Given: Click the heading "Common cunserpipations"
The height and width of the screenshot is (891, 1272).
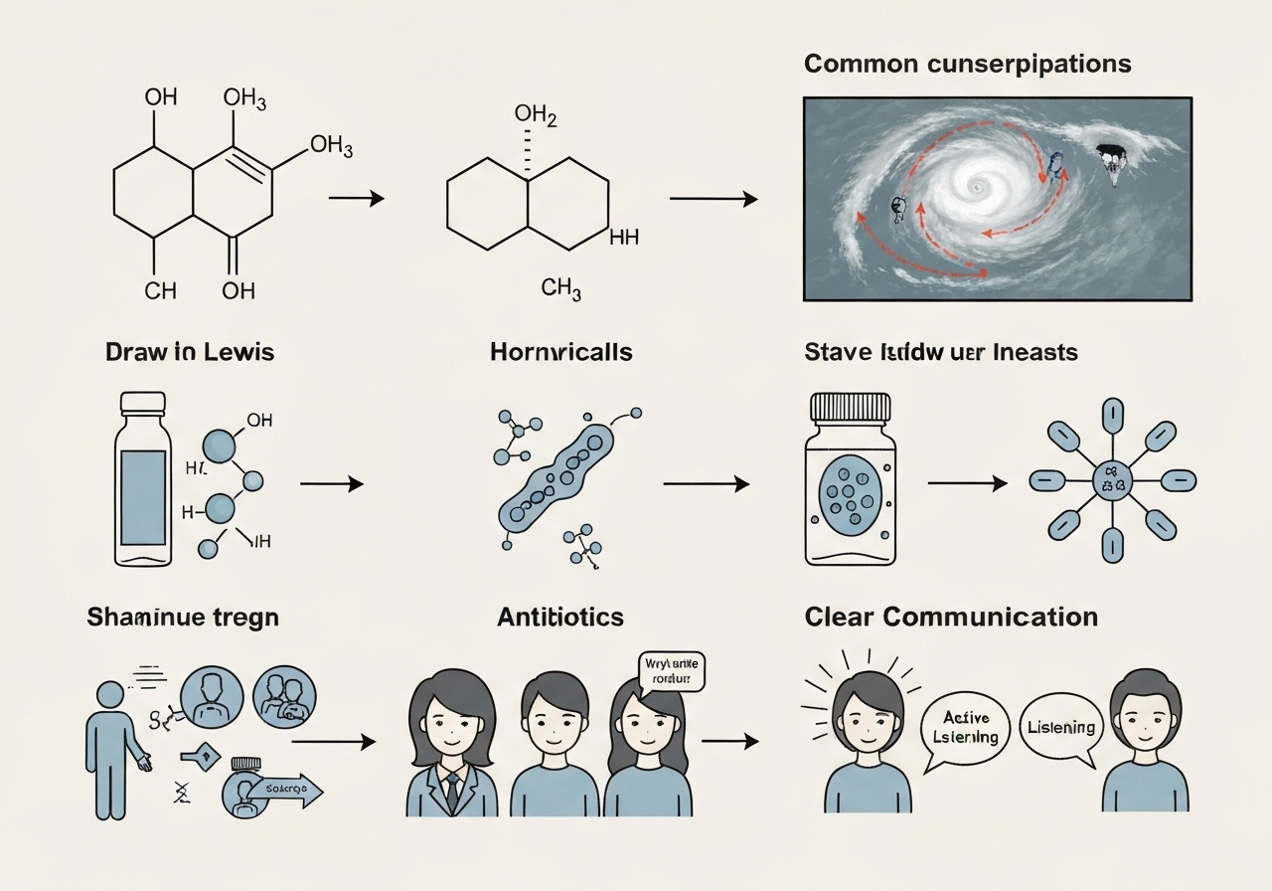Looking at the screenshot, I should click(967, 64).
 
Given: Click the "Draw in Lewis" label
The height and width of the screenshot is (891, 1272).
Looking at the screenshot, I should click(189, 352).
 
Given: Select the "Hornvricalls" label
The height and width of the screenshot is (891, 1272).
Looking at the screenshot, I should click(560, 352).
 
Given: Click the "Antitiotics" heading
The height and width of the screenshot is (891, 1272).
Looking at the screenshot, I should click(560, 617).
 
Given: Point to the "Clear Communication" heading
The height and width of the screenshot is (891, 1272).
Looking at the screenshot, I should click(951, 617).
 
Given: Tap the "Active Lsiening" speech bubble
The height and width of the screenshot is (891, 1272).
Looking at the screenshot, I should click(967, 728).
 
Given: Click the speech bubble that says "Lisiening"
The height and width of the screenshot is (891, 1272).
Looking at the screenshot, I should click(1060, 728).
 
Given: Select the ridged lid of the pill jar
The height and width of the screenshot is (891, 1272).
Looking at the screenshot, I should click(851, 406).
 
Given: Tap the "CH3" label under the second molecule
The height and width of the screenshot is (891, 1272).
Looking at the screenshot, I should click(561, 290).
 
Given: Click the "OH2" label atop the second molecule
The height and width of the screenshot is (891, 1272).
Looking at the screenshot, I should click(536, 116).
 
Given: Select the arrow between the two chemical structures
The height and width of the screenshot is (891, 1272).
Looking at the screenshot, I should click(356, 199).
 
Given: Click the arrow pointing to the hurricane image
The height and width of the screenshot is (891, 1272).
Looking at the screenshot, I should click(713, 199).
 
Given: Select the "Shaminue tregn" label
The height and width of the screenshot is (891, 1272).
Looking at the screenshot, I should click(183, 617).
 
